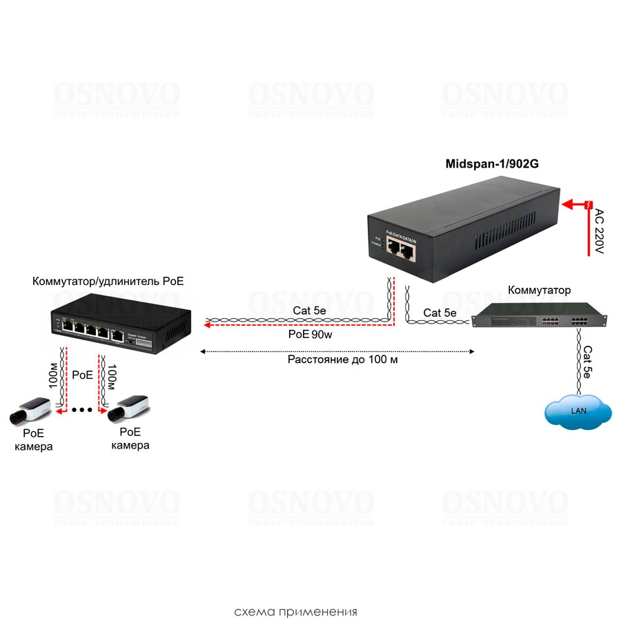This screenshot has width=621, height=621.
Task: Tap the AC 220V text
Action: tap(599, 232)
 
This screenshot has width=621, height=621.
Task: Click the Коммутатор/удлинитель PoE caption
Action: tap(108, 282)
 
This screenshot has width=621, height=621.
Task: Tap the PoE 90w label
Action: tap(310, 334)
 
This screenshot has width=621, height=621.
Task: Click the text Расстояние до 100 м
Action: tap(343, 359)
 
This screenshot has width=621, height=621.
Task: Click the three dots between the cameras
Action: tap(82, 411)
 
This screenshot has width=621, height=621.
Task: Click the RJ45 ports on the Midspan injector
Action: tap(400, 249)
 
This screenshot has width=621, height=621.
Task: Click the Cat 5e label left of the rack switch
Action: tap(440, 313)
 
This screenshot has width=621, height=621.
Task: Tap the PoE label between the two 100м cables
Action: tap(82, 375)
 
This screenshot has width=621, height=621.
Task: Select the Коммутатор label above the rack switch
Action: tap(539, 290)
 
